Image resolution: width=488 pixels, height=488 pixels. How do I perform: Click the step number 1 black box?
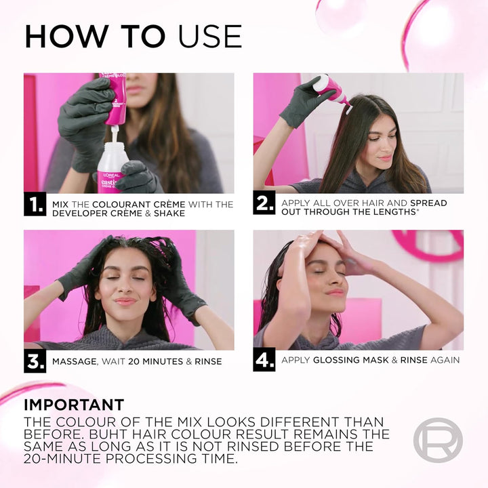(35, 205)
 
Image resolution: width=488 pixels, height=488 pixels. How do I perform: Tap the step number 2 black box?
(264, 203)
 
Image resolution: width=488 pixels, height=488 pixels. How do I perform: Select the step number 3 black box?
(35, 361)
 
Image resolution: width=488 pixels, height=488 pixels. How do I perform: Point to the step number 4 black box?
(264, 360)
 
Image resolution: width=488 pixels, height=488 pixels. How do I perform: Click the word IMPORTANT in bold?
(74, 405)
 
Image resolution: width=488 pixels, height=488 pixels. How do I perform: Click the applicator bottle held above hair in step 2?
(332, 88)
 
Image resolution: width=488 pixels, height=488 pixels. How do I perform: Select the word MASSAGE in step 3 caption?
(74, 361)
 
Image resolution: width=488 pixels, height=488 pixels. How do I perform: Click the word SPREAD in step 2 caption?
(428, 203)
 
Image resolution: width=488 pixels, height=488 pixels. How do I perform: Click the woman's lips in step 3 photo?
(126, 302)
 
